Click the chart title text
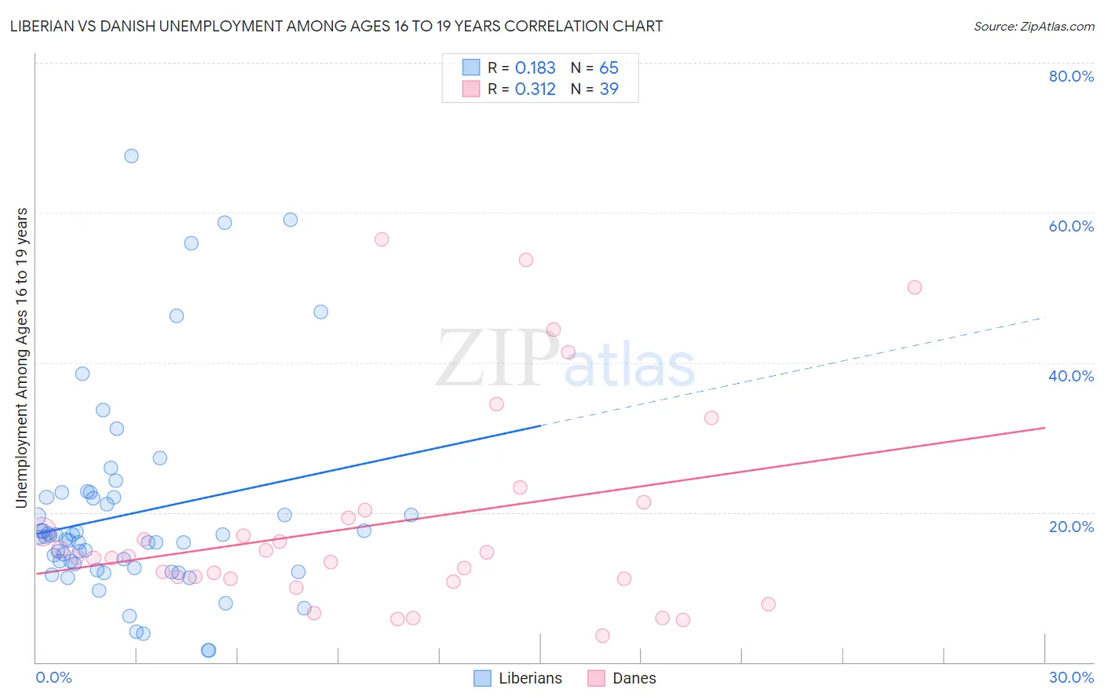click(x=336, y=27)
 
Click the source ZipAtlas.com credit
click(x=1033, y=27)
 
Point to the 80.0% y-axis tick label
click(x=1070, y=76)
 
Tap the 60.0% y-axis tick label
click(x=1070, y=226)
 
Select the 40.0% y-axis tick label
click(x=1070, y=376)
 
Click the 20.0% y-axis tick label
click(x=1070, y=526)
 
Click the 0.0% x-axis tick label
click(x=53, y=677)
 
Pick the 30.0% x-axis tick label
click(x=1070, y=677)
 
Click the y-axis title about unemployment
click(x=22, y=357)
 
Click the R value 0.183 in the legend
click(x=535, y=68)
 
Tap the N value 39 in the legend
click(x=609, y=89)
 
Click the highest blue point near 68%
click(x=131, y=156)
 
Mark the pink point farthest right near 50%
click(x=914, y=287)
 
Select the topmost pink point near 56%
click(x=382, y=239)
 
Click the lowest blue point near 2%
click(x=208, y=650)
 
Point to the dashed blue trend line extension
click(x=785, y=373)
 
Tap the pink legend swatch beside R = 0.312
click(x=471, y=89)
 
